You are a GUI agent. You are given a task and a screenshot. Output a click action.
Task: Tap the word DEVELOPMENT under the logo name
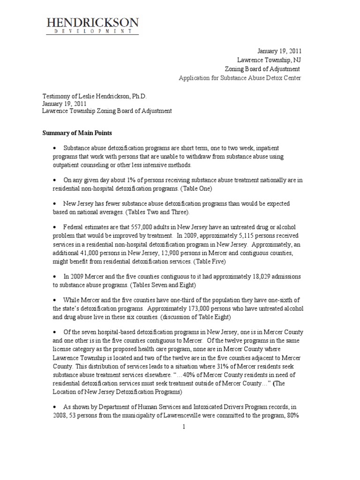[92, 32]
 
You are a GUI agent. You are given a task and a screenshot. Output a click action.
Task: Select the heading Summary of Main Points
[77, 134]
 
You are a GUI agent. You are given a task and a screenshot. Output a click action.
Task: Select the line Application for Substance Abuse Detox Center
[240, 77]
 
